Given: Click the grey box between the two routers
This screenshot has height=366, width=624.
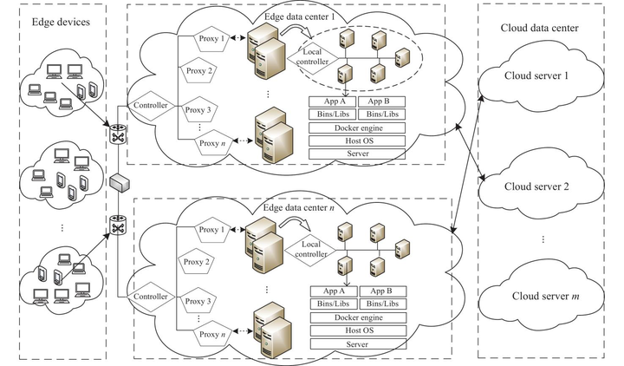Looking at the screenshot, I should click(119, 182).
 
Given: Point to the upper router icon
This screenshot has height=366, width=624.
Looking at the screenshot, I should click(119, 135).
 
